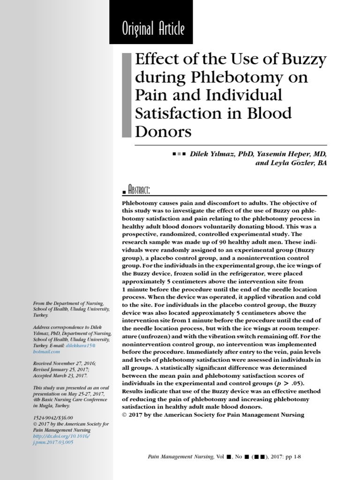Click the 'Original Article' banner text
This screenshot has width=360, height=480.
pyautogui.click(x=153, y=29)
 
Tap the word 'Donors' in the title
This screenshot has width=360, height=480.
pyautogui.click(x=163, y=132)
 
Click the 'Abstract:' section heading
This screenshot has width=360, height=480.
pyautogui.click(x=139, y=190)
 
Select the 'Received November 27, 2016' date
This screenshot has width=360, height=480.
pyautogui.click(x=63, y=363)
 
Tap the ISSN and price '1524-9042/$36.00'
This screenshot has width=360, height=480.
pyautogui.click(x=53, y=418)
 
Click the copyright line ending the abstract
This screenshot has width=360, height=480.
pyautogui.click(x=213, y=414)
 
